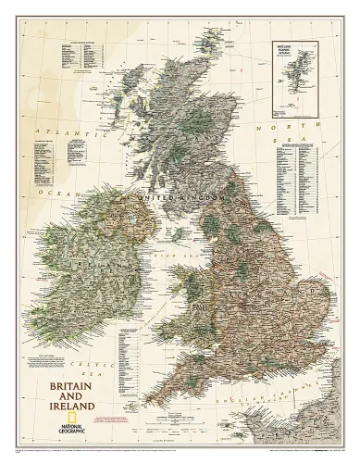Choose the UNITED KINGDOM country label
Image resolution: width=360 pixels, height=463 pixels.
[176, 198]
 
